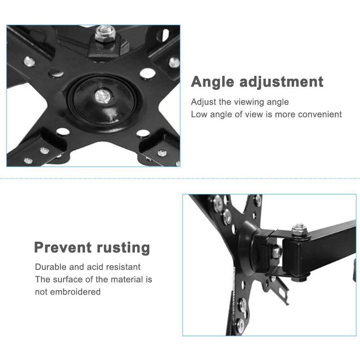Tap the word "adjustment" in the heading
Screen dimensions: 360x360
click(282, 82)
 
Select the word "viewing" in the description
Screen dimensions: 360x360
click(250, 102)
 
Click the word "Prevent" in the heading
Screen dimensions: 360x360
click(63, 247)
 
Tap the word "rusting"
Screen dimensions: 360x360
click(123, 247)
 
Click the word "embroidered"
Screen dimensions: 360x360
click(76, 292)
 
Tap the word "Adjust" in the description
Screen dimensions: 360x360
click(204, 102)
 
